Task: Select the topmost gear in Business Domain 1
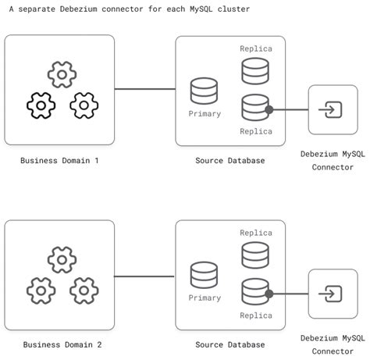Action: pyautogui.click(x=61, y=75)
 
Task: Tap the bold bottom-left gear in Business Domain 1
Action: pyautogui.click(x=41, y=105)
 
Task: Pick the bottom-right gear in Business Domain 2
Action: pyautogui.click(x=84, y=290)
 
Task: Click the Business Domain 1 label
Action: pyautogui.click(x=60, y=160)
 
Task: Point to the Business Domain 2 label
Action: pyautogui.click(x=62, y=344)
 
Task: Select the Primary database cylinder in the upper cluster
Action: pyautogui.click(x=205, y=90)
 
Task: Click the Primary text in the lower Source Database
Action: pyautogui.click(x=205, y=298)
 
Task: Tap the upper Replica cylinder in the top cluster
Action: pyautogui.click(x=255, y=70)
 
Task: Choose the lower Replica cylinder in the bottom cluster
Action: pyautogui.click(x=255, y=290)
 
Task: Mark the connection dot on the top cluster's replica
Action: pyautogui.click(x=269, y=110)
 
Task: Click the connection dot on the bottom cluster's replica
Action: pyautogui.click(x=269, y=294)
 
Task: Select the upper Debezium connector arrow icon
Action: pyautogui.click(x=333, y=110)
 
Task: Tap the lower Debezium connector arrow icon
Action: pyautogui.click(x=333, y=294)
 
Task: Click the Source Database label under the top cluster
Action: pyautogui.click(x=230, y=160)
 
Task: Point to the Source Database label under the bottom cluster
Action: pyautogui.click(x=230, y=344)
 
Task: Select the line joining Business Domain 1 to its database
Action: pyautogui.click(x=144, y=89)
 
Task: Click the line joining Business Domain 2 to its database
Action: pyautogui.click(x=144, y=276)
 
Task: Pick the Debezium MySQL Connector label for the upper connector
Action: pyautogui.click(x=333, y=160)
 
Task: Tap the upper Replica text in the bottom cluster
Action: pyautogui.click(x=256, y=233)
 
